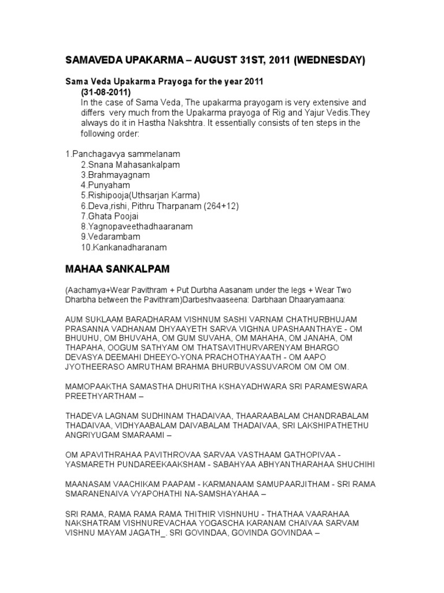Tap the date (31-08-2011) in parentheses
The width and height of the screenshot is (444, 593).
coord(106,93)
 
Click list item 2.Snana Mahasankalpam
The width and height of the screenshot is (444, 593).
coord(130,164)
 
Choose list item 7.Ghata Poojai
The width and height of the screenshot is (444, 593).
coord(111,216)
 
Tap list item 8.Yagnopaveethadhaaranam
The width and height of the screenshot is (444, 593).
coord(136,226)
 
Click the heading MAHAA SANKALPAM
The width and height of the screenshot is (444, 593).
coord(117,269)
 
